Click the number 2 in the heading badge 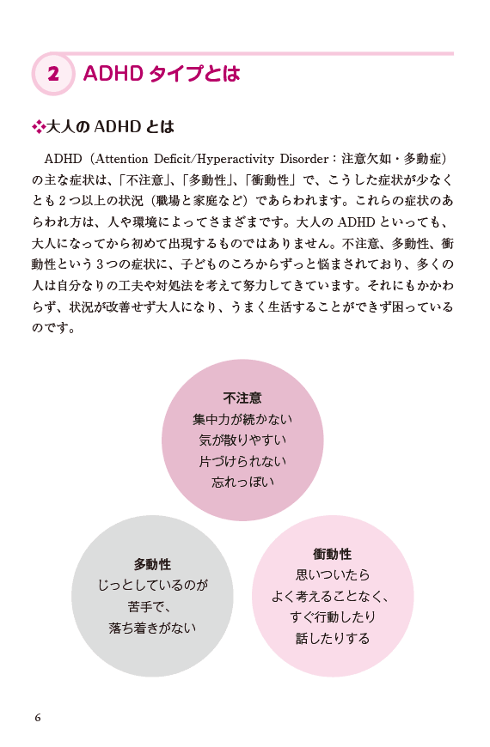tap(53, 75)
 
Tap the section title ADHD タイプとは tap(162, 74)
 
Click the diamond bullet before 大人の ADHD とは tap(38, 127)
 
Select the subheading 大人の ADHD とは tap(110, 127)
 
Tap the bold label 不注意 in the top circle tap(242, 398)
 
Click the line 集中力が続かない tap(242, 419)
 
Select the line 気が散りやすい tap(242, 440)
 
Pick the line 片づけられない tap(242, 461)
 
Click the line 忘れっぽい tap(243, 483)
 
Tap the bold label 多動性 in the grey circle tap(152, 564)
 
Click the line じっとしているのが tap(153, 585)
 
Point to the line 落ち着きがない tap(152, 628)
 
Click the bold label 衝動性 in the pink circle tap(333, 554)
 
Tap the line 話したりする tap(333, 638)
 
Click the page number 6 tap(38, 718)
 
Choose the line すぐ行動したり tap(333, 617)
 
